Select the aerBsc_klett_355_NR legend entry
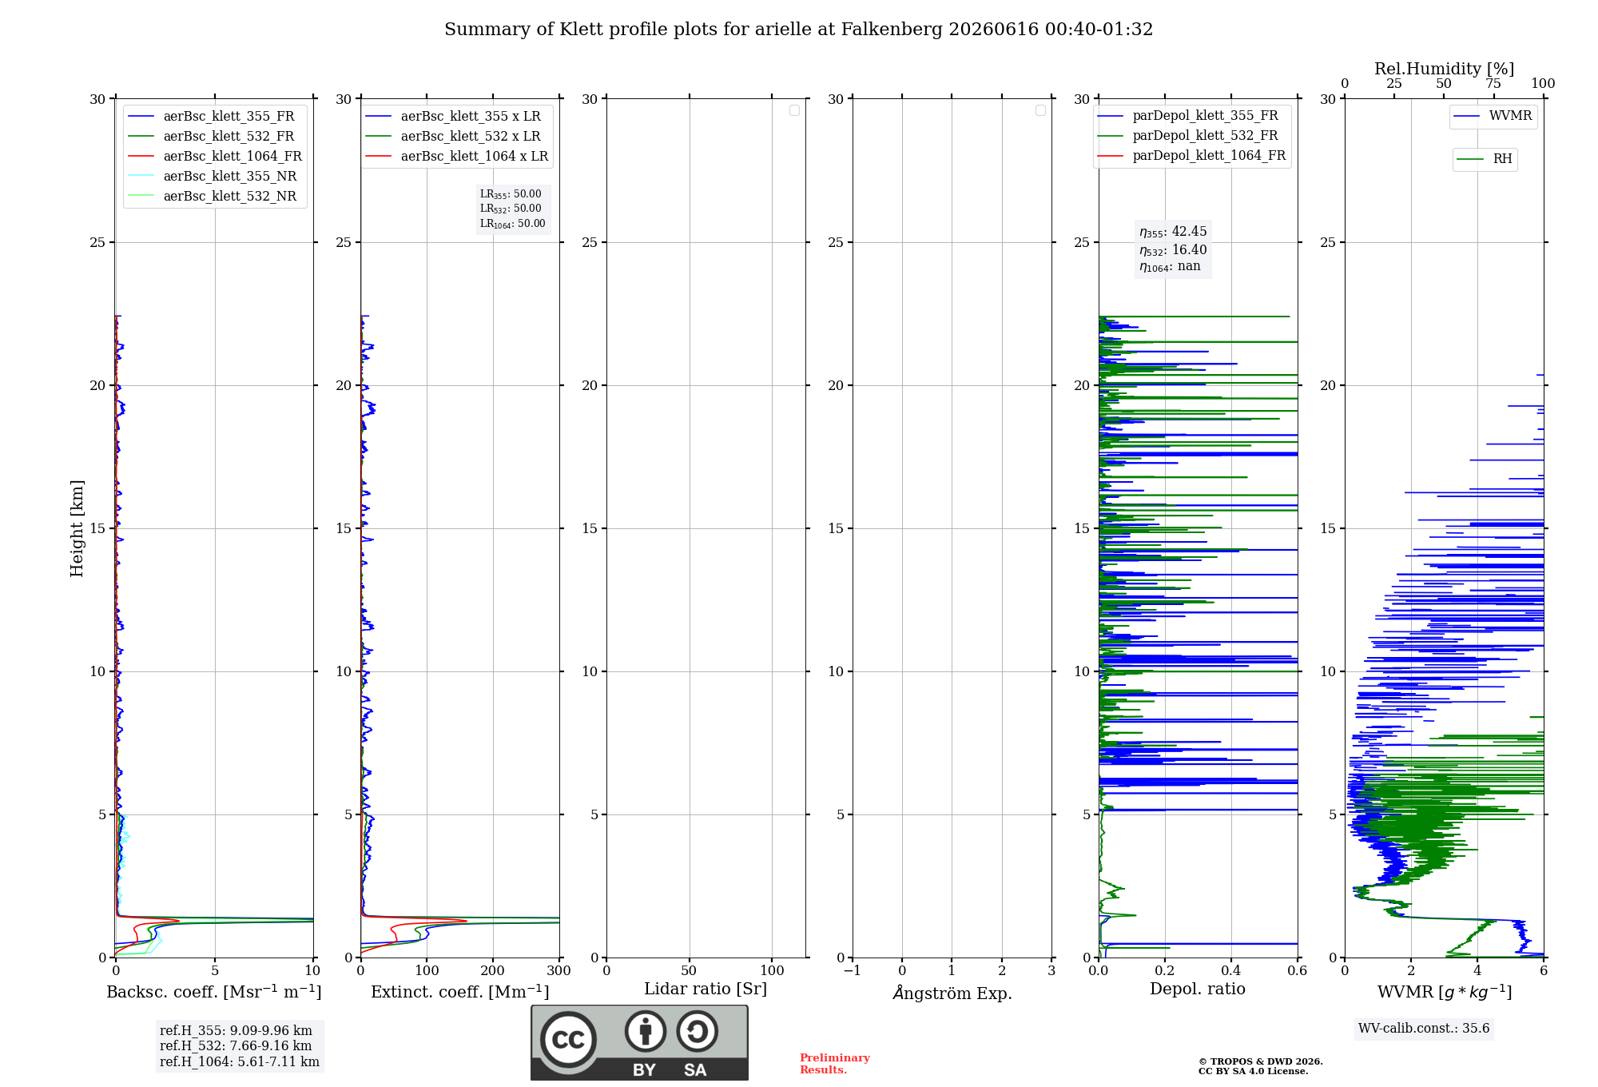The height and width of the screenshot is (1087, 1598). [213, 176]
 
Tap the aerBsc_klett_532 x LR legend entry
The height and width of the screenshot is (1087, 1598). [453, 136]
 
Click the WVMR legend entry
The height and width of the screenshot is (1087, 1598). [1493, 116]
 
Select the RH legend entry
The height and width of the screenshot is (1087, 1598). [1485, 159]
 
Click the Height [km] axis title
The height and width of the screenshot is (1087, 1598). [77, 528]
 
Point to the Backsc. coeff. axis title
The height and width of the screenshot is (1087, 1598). [214, 992]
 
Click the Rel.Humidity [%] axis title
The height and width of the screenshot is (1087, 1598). [1445, 69]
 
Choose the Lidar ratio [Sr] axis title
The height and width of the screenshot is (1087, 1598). [706, 989]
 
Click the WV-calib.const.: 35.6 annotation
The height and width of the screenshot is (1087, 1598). [1424, 1028]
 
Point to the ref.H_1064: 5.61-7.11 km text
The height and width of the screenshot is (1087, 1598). [240, 1061]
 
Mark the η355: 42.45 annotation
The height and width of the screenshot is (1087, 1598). [1173, 232]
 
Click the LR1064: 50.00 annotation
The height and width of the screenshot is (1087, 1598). [512, 224]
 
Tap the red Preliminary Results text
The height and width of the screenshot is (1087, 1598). [835, 1064]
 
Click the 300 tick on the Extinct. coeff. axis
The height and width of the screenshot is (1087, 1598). [559, 970]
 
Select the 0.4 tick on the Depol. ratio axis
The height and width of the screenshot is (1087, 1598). [1231, 970]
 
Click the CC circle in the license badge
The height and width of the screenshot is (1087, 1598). [568, 1039]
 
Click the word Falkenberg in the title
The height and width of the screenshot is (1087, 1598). [892, 30]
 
